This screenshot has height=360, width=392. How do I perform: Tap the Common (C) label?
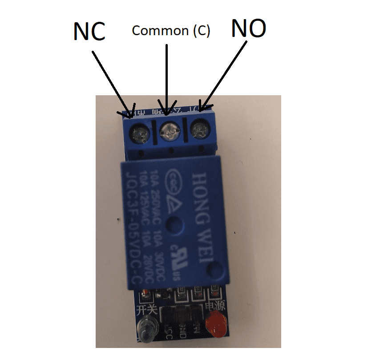171,31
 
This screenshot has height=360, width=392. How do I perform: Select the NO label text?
249,29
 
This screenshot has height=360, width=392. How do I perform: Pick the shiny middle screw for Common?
170,131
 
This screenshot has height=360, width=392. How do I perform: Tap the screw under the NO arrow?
198,130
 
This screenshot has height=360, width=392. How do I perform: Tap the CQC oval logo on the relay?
174,183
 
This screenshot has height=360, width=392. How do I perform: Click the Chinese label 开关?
147,308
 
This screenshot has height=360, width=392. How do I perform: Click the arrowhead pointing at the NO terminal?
201,107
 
